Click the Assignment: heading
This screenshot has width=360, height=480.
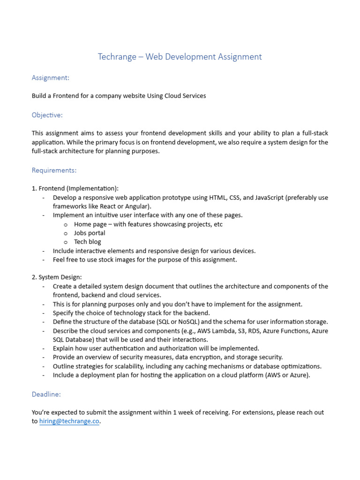click(x=51, y=77)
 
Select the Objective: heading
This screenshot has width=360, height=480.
click(x=47, y=115)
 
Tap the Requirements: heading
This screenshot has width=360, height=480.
click(x=54, y=170)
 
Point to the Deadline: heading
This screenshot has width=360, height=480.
click(x=46, y=394)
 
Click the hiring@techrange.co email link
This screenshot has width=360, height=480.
click(x=69, y=421)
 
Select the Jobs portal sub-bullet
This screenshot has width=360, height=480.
click(x=90, y=233)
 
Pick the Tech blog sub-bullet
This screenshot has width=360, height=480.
click(x=87, y=242)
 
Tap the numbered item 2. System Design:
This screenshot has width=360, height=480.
click(x=57, y=277)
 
